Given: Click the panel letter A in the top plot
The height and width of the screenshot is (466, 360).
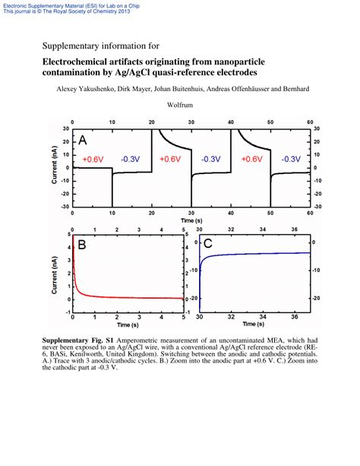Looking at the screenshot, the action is (82, 141).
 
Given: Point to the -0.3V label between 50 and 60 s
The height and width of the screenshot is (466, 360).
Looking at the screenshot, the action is (290, 160).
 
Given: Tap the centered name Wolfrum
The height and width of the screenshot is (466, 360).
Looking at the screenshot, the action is (180, 106).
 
